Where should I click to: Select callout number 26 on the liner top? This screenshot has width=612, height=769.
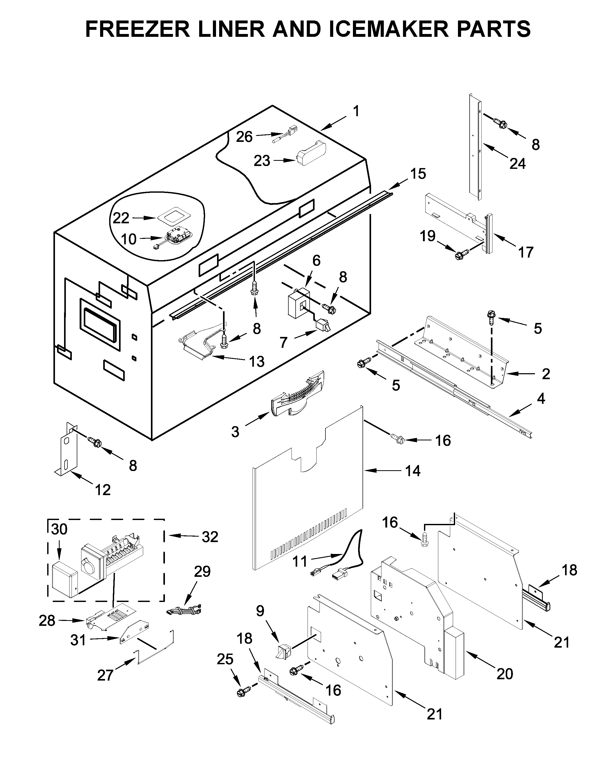pyautogui.click(x=244, y=137)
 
